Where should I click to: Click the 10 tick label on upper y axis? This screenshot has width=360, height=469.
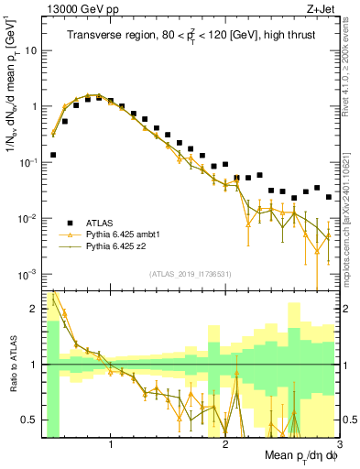point(30,50)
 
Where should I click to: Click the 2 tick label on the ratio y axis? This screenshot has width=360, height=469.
point(33,309)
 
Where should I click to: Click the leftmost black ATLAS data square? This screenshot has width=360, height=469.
point(53,155)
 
